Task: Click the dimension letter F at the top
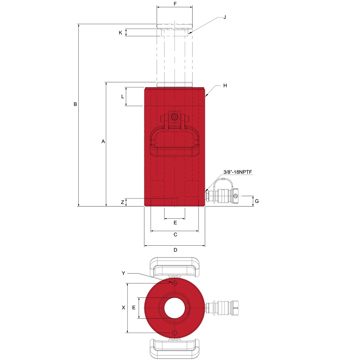click(x=175, y=4)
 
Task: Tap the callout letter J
click(x=225, y=17)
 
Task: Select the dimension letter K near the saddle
click(x=120, y=33)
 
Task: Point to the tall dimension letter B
click(x=75, y=104)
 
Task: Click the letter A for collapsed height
click(x=103, y=141)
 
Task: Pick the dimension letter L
click(x=122, y=97)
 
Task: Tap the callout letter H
click(x=225, y=85)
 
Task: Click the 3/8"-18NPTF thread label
click(x=238, y=172)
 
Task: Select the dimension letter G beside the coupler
click(x=256, y=201)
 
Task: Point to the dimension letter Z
click(x=122, y=202)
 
